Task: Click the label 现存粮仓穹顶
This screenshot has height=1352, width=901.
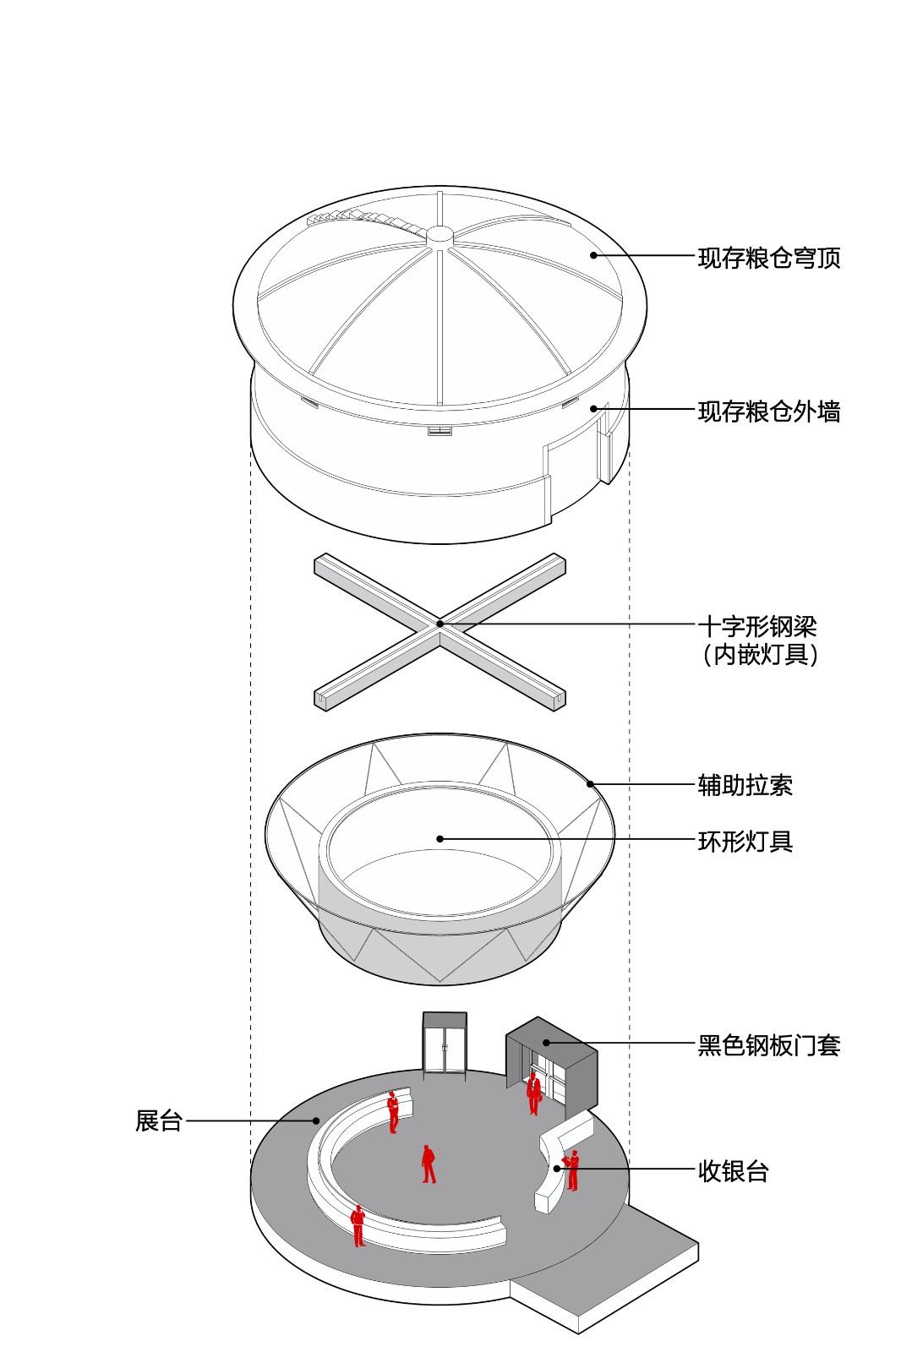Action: (768, 258)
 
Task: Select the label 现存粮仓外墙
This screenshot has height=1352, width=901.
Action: (768, 412)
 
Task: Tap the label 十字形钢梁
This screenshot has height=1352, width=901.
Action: (756, 626)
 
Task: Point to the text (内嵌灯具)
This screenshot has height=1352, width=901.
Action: (760, 654)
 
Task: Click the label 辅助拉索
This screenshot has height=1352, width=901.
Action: (745, 785)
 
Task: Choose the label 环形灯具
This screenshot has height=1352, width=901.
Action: (745, 842)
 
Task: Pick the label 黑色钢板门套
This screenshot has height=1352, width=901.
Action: (768, 1045)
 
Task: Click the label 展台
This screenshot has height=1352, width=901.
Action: (159, 1121)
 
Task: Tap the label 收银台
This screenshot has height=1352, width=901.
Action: (733, 1171)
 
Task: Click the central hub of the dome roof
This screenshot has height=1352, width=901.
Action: (440, 236)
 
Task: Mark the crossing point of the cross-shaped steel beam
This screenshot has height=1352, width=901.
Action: (440, 624)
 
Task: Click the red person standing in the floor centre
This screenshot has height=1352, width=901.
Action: (429, 1164)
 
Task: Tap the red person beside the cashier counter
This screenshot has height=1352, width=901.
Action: (573, 1170)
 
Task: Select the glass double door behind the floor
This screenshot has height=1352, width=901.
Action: (445, 1048)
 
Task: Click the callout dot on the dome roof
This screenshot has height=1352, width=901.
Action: (593, 255)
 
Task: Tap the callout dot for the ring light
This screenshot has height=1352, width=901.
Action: (440, 839)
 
